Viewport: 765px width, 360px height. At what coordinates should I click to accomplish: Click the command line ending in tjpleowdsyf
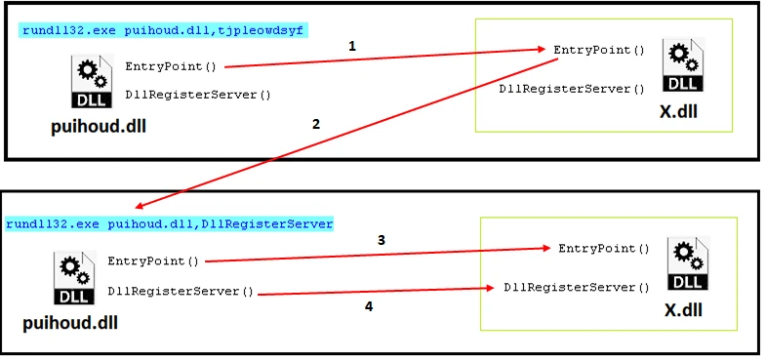pos(162,31)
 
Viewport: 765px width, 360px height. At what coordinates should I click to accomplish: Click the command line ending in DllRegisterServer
pos(169,224)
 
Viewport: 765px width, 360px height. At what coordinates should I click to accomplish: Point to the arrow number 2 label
pos(314,125)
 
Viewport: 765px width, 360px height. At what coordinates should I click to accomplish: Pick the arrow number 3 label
pos(382,239)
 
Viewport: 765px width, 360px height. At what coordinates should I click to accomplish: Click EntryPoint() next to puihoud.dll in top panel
pos(171,67)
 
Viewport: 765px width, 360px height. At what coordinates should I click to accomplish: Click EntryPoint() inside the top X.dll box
pos(599,49)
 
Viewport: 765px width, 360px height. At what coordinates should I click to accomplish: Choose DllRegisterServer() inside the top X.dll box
pos(572,89)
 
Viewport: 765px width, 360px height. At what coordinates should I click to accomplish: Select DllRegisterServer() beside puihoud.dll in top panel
pos(197,95)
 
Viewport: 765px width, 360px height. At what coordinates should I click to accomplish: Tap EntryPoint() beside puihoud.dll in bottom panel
pos(153,261)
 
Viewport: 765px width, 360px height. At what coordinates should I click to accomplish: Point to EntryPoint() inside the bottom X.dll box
pos(603,249)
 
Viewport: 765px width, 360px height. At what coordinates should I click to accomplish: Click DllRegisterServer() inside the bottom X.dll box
pos(576,288)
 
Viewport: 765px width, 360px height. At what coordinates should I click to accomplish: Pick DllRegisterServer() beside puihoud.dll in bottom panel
pos(181,291)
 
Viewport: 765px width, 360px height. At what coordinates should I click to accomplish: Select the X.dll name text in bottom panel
pos(682,312)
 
